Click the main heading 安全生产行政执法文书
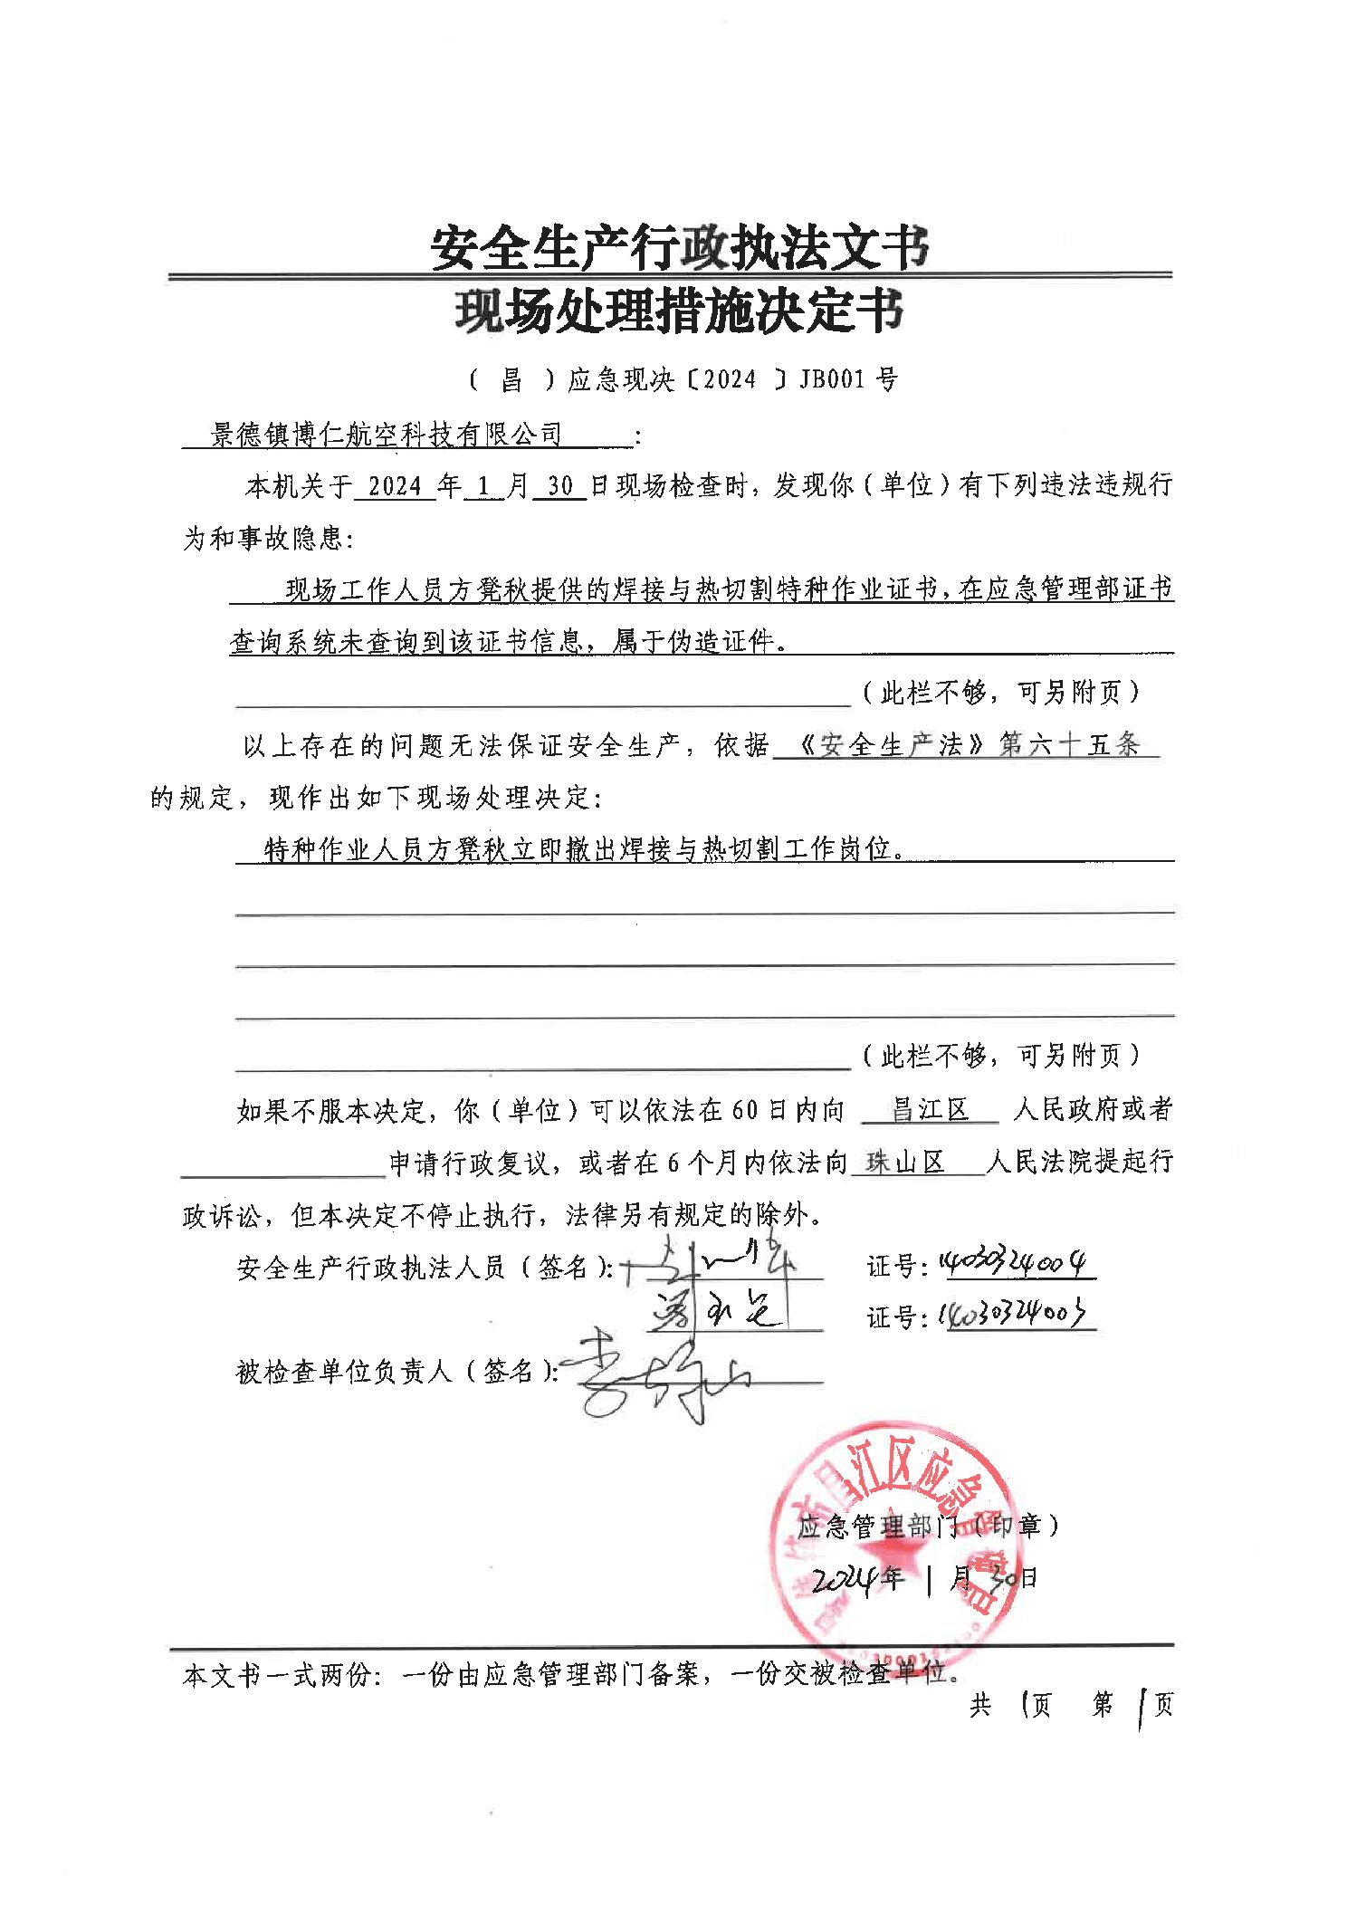(x=679, y=247)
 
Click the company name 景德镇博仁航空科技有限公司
(x=387, y=436)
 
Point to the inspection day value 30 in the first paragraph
(x=560, y=487)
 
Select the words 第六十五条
(x=1068, y=746)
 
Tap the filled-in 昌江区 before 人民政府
(x=930, y=1110)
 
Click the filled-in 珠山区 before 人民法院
(x=905, y=1163)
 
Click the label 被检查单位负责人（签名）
(x=396, y=1373)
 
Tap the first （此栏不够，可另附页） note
(x=999, y=693)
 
